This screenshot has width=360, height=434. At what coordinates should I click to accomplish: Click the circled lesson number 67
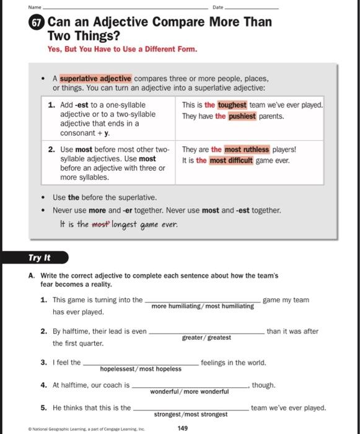(37, 23)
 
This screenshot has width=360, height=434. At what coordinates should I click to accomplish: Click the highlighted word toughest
(232, 105)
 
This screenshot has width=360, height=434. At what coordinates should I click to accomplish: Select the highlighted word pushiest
(242, 117)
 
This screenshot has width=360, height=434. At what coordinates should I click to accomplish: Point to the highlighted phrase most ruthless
(247, 149)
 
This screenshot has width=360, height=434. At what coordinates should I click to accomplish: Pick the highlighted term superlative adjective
(95, 79)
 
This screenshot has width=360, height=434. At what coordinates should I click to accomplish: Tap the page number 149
(183, 428)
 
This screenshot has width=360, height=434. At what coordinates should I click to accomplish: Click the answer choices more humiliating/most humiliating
(203, 306)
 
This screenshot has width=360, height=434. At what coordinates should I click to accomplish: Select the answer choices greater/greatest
(206, 338)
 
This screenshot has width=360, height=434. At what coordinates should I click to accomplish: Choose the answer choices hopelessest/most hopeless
(141, 369)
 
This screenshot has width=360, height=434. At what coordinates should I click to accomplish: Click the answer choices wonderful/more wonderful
(189, 392)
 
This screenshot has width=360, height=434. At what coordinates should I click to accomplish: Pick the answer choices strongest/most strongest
(191, 414)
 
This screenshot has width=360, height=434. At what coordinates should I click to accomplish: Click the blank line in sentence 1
(203, 300)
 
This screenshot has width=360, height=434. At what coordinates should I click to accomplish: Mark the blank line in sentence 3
(141, 363)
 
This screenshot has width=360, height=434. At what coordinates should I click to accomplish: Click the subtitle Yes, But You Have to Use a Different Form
(122, 49)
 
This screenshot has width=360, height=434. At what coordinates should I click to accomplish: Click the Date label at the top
(217, 7)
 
